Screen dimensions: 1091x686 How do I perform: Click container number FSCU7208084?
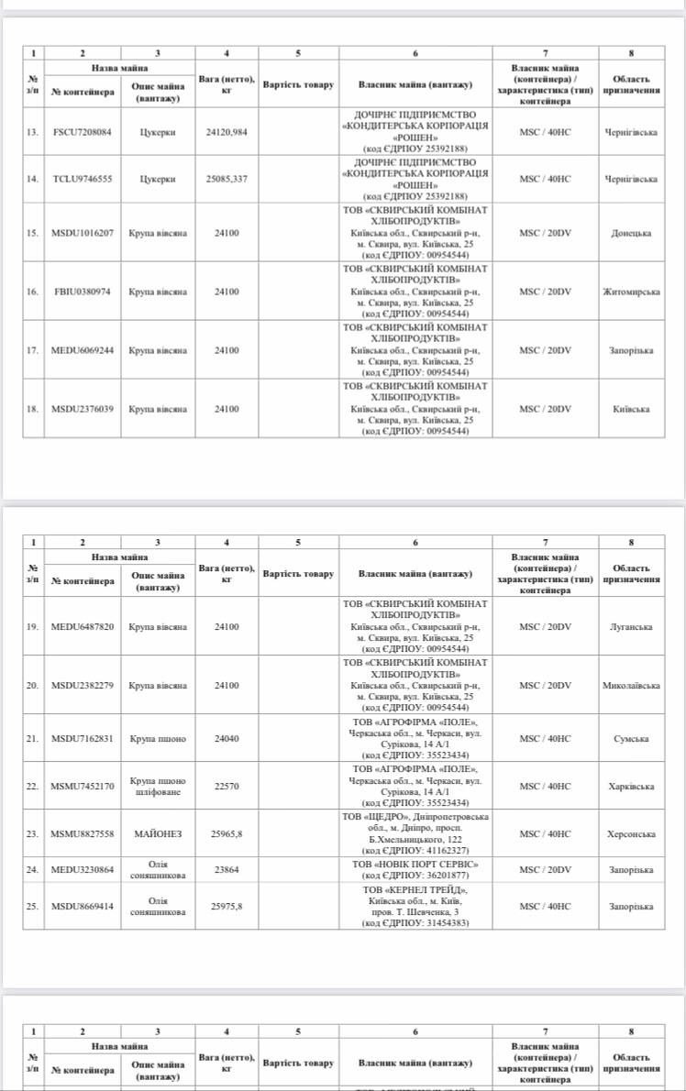(x=83, y=133)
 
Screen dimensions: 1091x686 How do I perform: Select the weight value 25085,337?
(x=227, y=179)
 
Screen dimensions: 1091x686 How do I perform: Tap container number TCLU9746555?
(x=83, y=179)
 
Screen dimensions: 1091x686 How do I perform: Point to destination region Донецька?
(x=631, y=233)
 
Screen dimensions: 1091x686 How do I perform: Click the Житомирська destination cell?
(x=631, y=292)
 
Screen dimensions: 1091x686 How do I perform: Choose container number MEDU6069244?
(x=83, y=350)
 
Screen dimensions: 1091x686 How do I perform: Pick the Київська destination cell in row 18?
(x=631, y=409)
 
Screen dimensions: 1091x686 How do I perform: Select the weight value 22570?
(x=227, y=786)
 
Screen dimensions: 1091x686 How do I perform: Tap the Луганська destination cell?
(x=631, y=627)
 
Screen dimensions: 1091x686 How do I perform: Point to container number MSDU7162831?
(x=83, y=739)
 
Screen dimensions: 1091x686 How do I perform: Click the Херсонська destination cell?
(x=631, y=833)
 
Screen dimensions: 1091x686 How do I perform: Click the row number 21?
(x=33, y=739)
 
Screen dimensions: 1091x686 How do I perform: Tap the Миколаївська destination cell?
(x=631, y=686)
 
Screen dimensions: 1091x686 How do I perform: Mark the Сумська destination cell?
(x=631, y=739)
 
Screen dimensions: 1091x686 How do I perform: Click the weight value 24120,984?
(x=227, y=133)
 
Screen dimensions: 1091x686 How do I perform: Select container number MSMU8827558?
(x=83, y=833)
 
